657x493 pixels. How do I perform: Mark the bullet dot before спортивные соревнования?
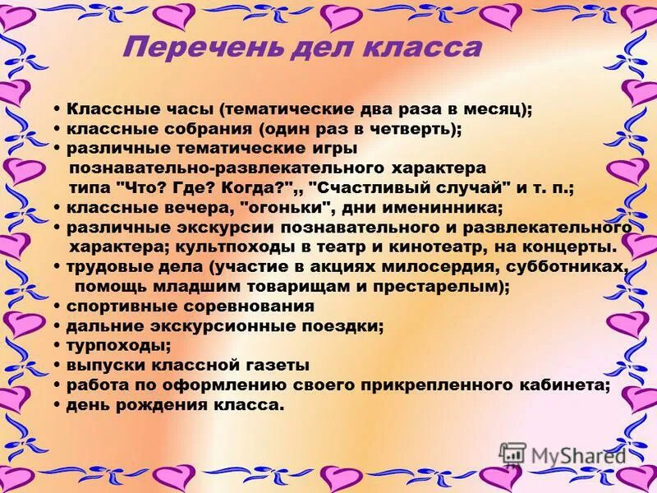point(57,306)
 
